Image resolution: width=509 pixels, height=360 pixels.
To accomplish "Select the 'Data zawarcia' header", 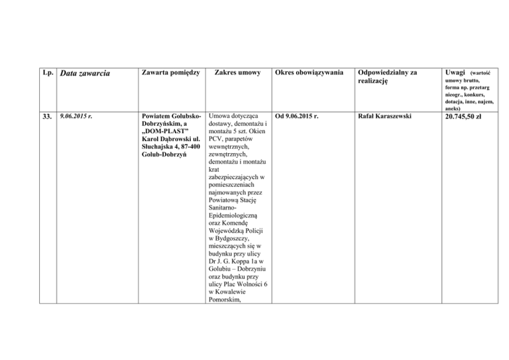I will point(85,74).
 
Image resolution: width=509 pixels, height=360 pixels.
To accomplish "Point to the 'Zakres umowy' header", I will point(238,72).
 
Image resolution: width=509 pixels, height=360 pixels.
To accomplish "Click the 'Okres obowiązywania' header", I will point(308,72).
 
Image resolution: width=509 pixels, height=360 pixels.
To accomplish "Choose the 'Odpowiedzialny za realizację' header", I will point(386,76).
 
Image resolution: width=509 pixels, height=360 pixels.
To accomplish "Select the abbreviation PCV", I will point(217,140).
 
